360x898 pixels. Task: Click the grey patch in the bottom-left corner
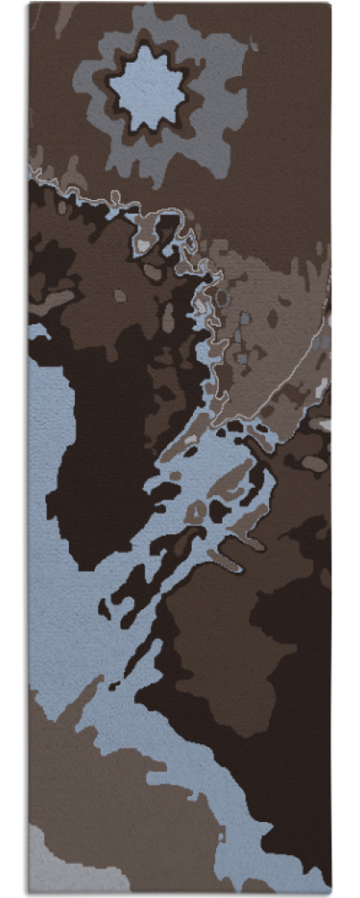coord(45,862)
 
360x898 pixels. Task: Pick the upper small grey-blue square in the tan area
coord(245,318)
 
